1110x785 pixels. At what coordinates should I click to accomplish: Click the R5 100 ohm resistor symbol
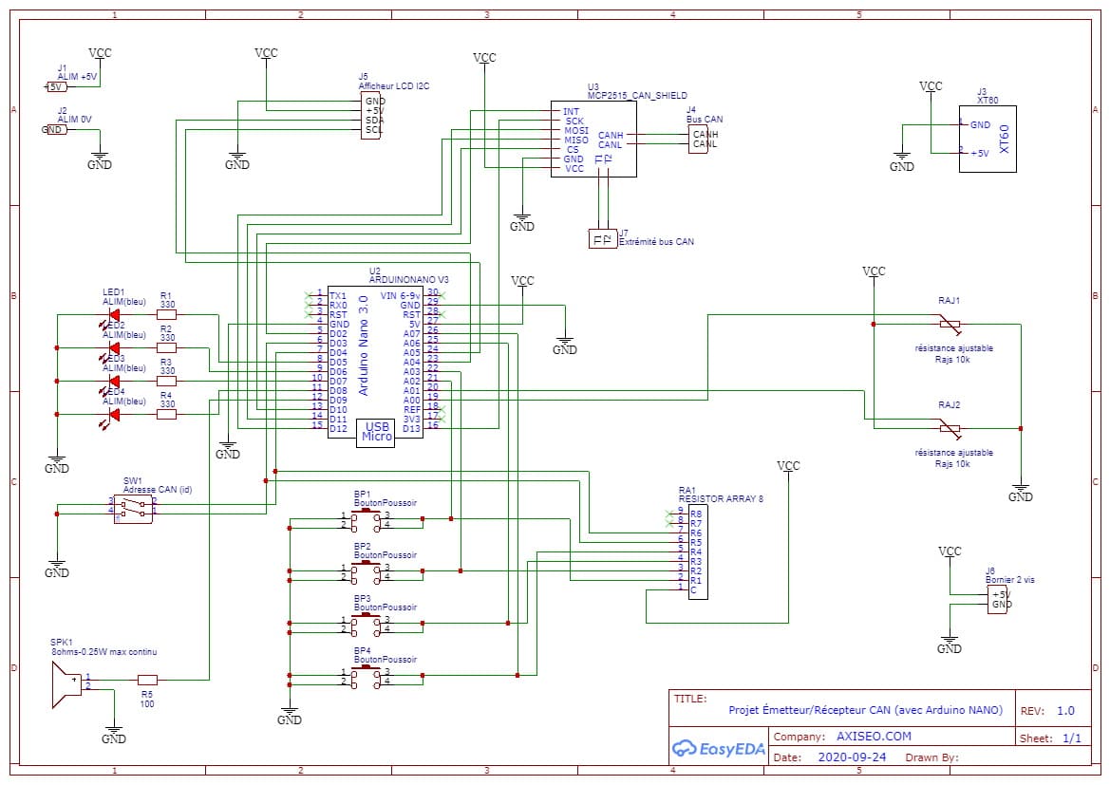[x=147, y=680]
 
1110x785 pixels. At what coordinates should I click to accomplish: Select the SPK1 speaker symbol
[x=66, y=684]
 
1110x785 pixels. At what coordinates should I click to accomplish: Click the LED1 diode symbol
[x=114, y=314]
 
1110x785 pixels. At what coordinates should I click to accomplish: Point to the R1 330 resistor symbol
[x=166, y=314]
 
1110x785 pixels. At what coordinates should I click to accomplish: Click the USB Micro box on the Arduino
[x=377, y=432]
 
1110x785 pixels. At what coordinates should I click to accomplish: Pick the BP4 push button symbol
[x=364, y=677]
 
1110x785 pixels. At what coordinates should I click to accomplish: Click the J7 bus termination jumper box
[x=602, y=238]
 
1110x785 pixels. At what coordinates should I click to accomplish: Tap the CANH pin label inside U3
[x=611, y=136]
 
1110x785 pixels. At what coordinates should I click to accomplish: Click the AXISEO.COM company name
[x=874, y=737]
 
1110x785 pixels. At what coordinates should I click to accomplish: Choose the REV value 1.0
[x=1065, y=711]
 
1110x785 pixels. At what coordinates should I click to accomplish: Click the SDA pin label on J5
[x=374, y=121]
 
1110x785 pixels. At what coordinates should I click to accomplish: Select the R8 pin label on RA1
[x=696, y=514]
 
